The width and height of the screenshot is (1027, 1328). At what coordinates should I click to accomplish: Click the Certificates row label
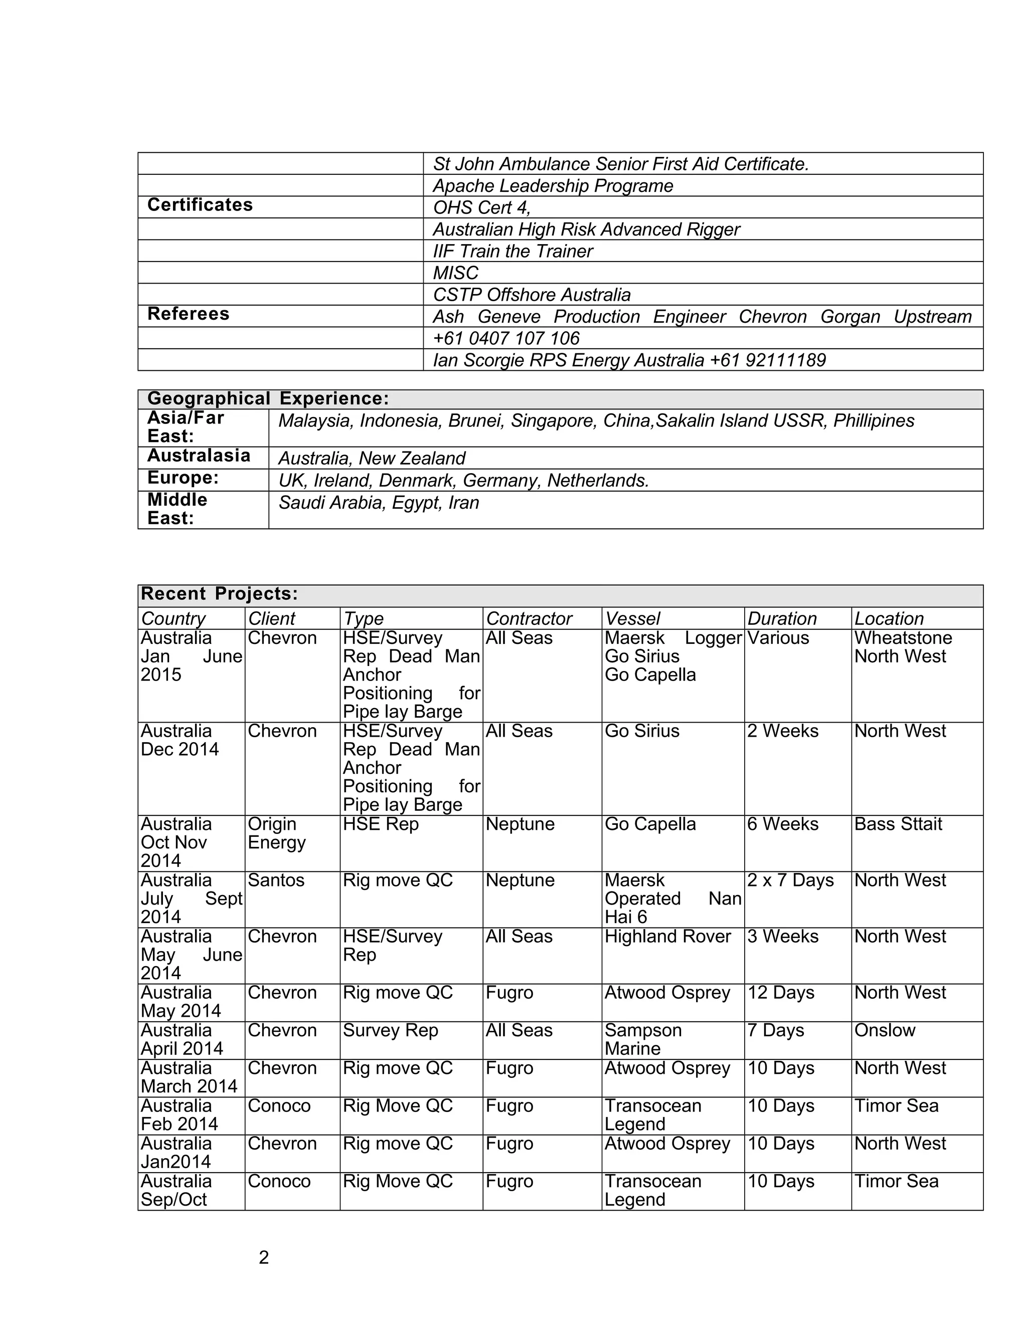[x=200, y=205]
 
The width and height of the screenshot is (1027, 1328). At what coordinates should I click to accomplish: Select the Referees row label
[x=188, y=314]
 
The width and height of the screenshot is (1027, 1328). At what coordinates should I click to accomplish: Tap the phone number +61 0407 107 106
[x=505, y=338]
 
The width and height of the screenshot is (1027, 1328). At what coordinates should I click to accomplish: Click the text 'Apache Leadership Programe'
[x=553, y=185]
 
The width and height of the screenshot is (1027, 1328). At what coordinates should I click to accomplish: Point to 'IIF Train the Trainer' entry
[x=512, y=251]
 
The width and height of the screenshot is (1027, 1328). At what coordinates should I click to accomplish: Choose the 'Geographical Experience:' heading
[x=268, y=398]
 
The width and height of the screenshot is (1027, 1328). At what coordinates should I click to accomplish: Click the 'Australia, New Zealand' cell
[x=371, y=458]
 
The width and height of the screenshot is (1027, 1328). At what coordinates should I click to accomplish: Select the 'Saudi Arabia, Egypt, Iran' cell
[x=379, y=502]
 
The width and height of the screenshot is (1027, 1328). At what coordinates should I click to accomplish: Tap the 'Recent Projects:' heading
[x=219, y=593]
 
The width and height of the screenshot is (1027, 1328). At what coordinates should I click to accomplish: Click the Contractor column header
[x=529, y=618]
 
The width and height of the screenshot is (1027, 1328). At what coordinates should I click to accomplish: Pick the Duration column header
[x=781, y=618]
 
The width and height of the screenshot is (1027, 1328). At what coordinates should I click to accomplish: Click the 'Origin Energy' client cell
[x=277, y=833]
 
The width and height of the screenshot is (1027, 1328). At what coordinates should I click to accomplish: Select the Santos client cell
[x=276, y=880]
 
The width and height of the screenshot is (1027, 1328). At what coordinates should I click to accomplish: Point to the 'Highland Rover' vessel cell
[x=667, y=936]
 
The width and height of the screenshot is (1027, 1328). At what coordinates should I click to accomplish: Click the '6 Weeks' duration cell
[x=782, y=824]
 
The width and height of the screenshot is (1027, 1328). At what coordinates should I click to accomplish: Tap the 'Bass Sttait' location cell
[x=898, y=824]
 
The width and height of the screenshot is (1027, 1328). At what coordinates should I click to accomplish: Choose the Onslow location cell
[x=884, y=1030]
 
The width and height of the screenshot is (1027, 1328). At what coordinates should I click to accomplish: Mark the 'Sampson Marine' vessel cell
[x=642, y=1039]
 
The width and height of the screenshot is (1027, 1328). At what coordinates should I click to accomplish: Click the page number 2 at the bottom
[x=263, y=1257]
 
